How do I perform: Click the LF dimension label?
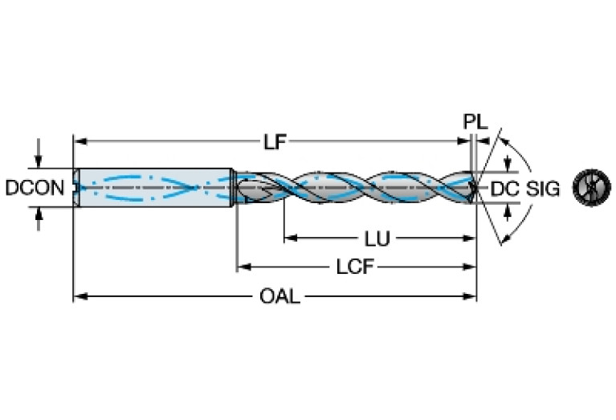[x=275, y=142]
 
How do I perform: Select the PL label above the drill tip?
[x=475, y=123]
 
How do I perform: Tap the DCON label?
[x=35, y=189]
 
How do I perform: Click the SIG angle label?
[x=543, y=190]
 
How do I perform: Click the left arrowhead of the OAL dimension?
[x=79, y=297]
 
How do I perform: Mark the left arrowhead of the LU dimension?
[x=288, y=239]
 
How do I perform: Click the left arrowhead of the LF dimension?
[x=79, y=142]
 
